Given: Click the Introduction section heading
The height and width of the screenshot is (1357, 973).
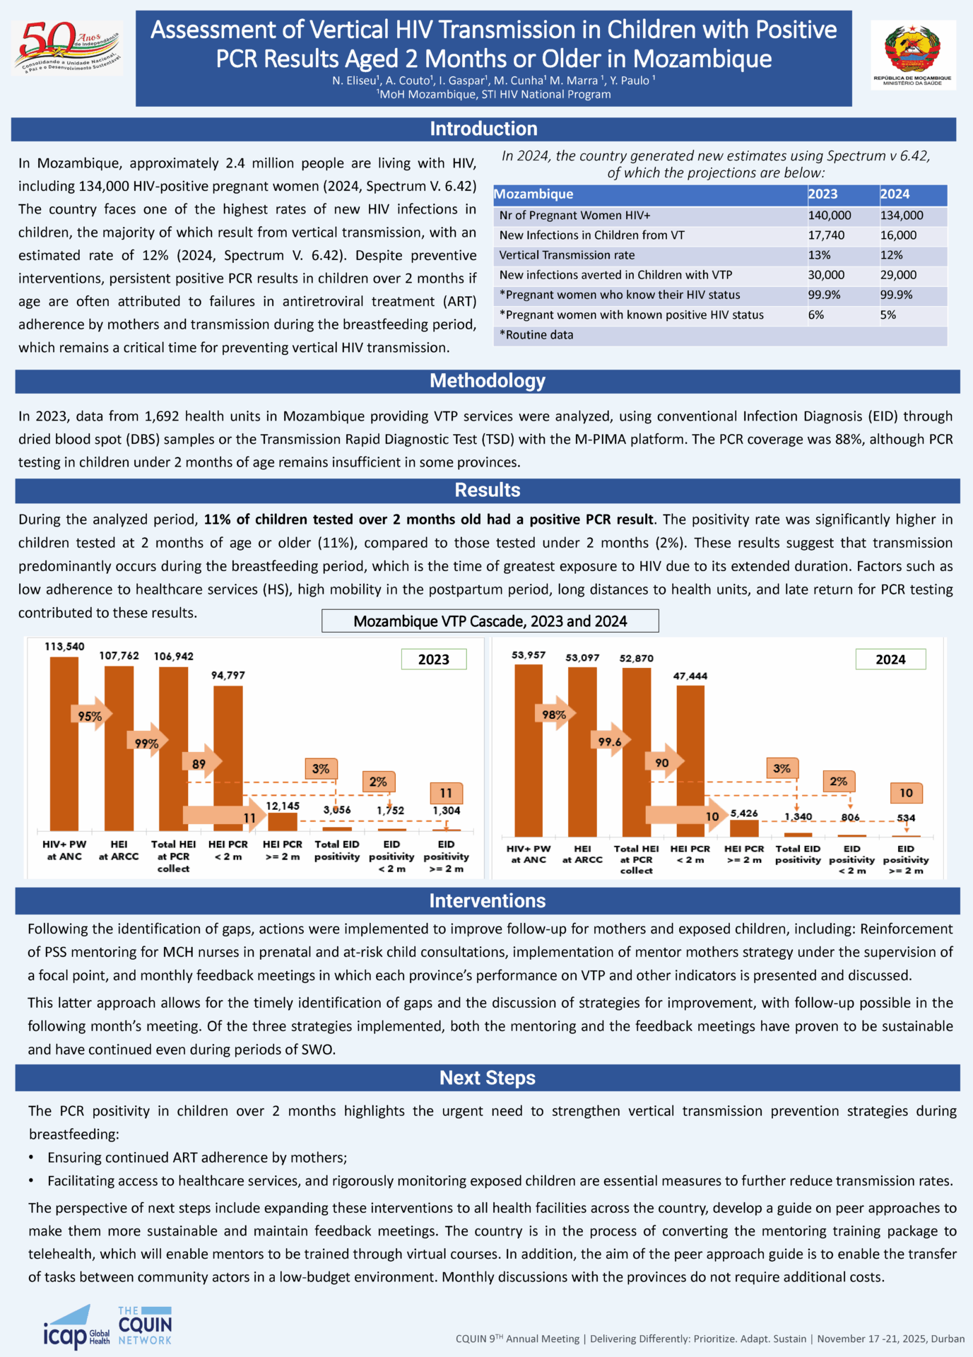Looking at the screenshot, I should tap(483, 129).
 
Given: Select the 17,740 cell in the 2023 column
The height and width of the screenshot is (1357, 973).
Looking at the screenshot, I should tap(826, 235).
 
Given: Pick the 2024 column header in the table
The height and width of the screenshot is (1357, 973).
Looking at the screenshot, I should tap(895, 194).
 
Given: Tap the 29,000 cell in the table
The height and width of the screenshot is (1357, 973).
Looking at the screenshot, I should tap(898, 275).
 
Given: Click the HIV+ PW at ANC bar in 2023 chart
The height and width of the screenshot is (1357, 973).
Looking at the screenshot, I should tap(64, 742).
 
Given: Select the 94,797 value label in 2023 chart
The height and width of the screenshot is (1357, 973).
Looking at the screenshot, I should tap(228, 676).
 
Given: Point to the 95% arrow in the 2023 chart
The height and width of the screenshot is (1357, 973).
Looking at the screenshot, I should tap(90, 716).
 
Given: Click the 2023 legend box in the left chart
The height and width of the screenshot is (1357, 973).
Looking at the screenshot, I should tap(433, 659).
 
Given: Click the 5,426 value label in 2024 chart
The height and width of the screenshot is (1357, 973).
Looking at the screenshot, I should tap(744, 813).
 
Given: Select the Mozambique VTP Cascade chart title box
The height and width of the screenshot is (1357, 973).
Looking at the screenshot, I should tap(490, 621).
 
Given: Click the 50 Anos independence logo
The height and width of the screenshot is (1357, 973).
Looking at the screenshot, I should tap(66, 48).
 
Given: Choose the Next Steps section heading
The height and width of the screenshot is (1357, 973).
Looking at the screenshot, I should tap(487, 1078).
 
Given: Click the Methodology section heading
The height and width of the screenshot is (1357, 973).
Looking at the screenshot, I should tap(487, 381).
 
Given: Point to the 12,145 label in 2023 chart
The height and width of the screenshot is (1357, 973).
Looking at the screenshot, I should tap(283, 806).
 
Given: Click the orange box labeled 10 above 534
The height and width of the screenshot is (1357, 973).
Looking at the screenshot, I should tap(906, 793).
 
